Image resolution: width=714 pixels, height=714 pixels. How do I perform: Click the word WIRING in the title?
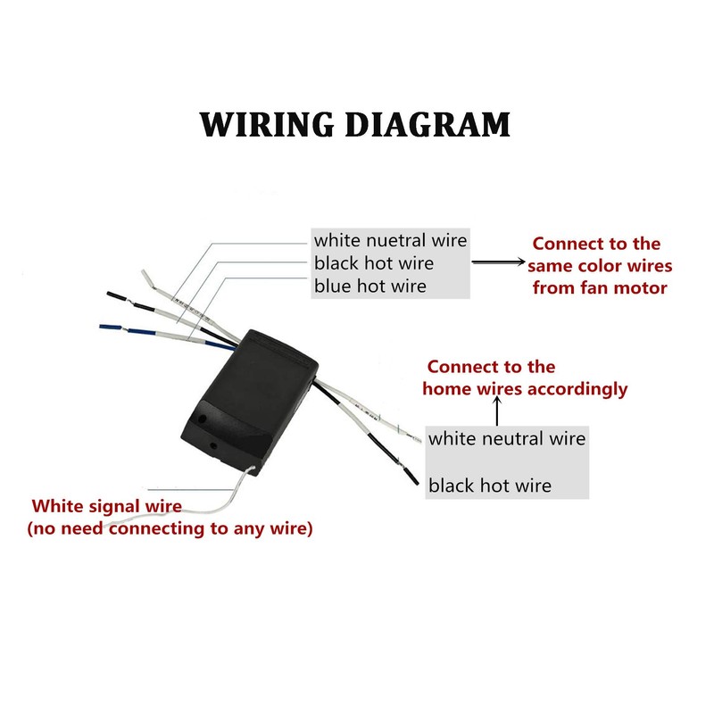pos(266,124)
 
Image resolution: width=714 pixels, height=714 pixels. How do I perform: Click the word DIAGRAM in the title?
pos(428,124)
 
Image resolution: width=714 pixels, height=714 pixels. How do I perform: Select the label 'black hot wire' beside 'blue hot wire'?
pos(373,263)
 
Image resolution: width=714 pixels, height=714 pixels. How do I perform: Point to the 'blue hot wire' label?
pos(369,286)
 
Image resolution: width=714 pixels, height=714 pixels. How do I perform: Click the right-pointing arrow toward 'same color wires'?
pos(498,262)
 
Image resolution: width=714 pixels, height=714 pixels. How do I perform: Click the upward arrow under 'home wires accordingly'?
pos(497,411)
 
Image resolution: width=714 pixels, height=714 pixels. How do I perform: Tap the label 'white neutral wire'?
pos(506,438)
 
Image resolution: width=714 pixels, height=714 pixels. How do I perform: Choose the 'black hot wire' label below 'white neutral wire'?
pos(489,486)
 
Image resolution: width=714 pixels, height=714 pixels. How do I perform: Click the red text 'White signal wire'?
pos(106,506)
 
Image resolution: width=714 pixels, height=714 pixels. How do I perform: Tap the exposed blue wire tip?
pos(110,327)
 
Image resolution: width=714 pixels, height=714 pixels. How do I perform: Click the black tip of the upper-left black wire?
pos(117,295)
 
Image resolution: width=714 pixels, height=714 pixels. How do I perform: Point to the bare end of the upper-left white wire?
pos(148,278)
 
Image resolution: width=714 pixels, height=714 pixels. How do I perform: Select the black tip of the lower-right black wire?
pos(412,477)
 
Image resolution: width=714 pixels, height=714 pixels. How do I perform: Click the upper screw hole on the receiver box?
pos(203,417)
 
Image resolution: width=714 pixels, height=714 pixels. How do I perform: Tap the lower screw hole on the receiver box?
pos(212,445)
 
